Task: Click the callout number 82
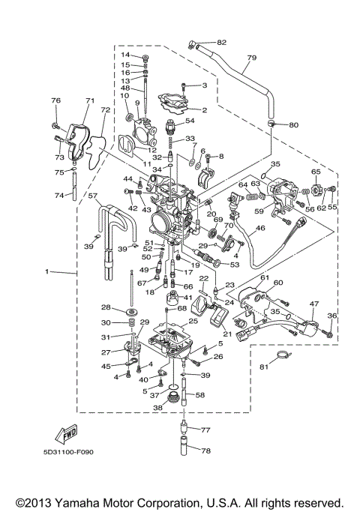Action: [221, 43]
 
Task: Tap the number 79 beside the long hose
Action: [251, 58]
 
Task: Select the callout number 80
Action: [293, 124]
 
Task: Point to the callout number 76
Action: [55, 100]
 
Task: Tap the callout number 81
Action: [264, 367]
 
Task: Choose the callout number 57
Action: [94, 196]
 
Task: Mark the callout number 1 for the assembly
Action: [47, 271]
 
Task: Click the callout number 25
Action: [193, 321]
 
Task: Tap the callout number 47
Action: [313, 304]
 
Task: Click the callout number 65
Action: [315, 172]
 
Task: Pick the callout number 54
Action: [190, 121]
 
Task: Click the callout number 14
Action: [125, 55]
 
